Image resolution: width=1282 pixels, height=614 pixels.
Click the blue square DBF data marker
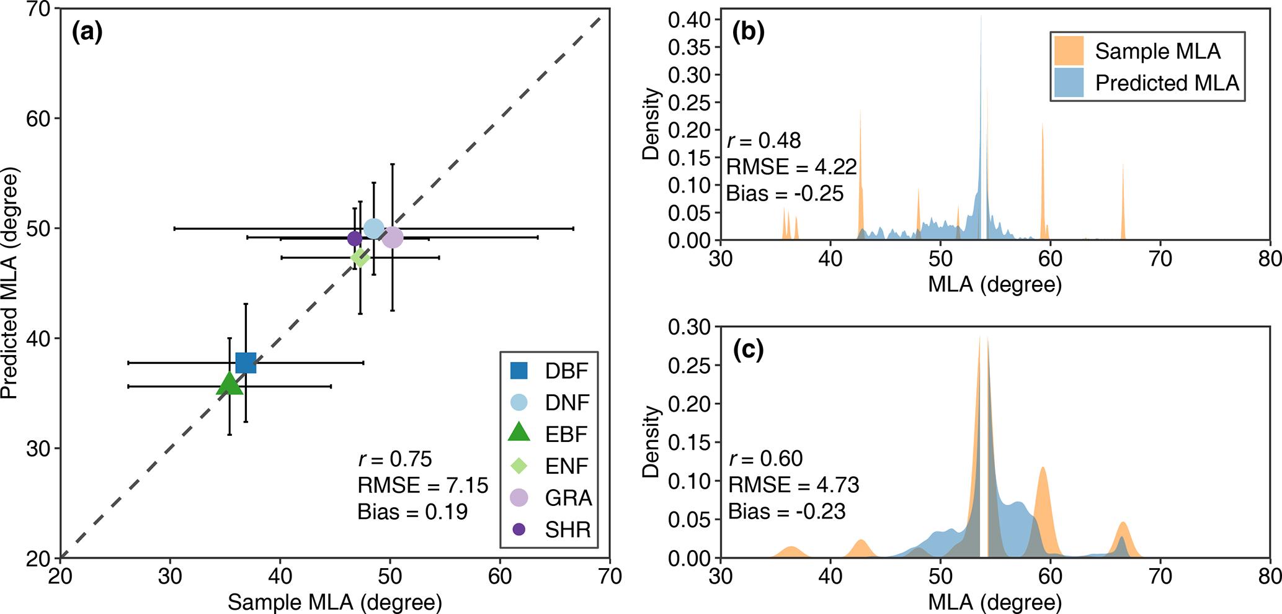point(246,363)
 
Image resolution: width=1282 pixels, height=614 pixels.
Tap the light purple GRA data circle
point(392,237)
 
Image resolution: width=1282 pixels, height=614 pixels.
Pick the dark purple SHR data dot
point(354,238)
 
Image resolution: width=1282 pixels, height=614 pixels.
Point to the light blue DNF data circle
point(373,229)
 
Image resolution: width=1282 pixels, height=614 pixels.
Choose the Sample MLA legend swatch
point(1068,51)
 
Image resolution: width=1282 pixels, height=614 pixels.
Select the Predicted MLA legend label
point(1167,83)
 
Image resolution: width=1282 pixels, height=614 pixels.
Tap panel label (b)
point(748,32)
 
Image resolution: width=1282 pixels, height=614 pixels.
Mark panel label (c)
point(748,351)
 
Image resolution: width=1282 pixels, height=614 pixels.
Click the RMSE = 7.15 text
point(422,485)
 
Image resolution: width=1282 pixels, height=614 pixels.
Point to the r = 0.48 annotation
point(763,140)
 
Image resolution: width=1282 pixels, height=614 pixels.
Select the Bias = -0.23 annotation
point(786,512)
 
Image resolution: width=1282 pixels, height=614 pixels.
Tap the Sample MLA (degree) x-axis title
point(335,602)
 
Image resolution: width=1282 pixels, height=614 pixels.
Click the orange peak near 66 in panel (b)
point(1123,205)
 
